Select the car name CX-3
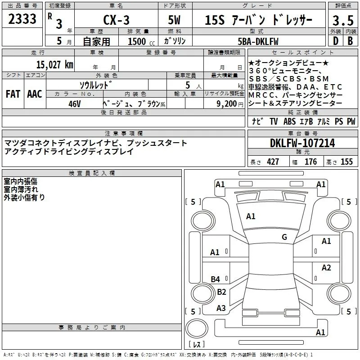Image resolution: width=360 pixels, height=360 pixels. pyautogui.click(x=116, y=21)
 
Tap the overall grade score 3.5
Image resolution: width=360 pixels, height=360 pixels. pyautogui.click(x=342, y=21)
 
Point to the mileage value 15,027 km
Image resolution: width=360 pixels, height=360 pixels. pyautogui.click(x=54, y=64)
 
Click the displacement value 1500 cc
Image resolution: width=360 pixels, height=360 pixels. pyautogui.click(x=137, y=41)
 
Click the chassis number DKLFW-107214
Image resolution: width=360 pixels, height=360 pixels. pyautogui.click(x=302, y=143)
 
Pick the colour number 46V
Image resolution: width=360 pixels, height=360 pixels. pyautogui.click(x=74, y=103)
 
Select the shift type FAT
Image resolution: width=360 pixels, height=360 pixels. pyautogui.click(x=13, y=94)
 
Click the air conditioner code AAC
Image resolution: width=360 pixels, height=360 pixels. pyautogui.click(x=35, y=94)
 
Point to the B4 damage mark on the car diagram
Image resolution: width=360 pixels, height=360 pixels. pyautogui.click(x=216, y=279)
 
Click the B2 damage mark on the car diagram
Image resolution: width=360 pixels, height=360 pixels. pyautogui.click(x=221, y=292)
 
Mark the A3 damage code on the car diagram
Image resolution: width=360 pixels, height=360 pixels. pyautogui.click(x=221, y=308)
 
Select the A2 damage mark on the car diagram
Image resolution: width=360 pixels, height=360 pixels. pyautogui.click(x=326, y=268)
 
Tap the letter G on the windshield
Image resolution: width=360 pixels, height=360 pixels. pyautogui.click(x=284, y=237)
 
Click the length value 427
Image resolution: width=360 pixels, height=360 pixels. pyautogui.click(x=273, y=162)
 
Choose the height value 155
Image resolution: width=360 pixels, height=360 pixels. pyautogui.click(x=346, y=162)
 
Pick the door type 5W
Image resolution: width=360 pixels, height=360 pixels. pyautogui.click(x=175, y=21)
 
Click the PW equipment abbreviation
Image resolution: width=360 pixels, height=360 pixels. pyautogui.click(x=351, y=121)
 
